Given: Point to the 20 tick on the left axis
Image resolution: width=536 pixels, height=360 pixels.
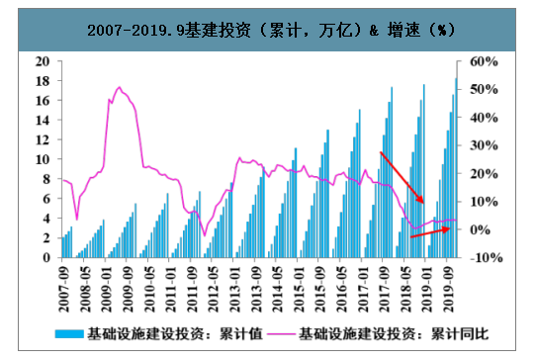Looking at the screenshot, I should (x=42, y=60).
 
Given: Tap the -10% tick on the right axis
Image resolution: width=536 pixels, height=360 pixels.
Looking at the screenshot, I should (x=486, y=257).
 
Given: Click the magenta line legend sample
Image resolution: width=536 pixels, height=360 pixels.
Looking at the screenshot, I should (x=281, y=334).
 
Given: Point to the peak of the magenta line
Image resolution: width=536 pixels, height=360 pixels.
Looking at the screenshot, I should (x=120, y=88).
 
